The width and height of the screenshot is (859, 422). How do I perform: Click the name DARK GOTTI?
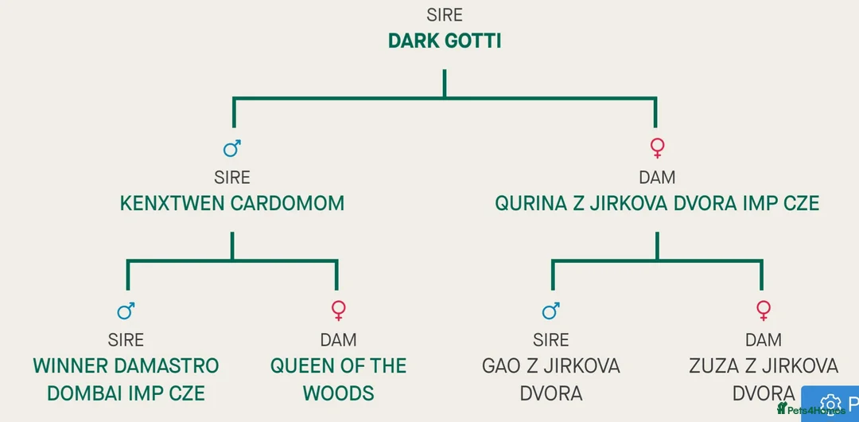[444, 41]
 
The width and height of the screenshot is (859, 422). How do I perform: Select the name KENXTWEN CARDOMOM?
[231, 203]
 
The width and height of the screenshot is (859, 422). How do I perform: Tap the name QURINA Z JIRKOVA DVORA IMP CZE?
[656, 203]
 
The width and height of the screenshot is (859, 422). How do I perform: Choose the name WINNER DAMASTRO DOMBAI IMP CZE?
[126, 379]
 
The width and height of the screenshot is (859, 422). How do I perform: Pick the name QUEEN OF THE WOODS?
[338, 379]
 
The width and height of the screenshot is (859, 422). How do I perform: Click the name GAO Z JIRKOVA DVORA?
[550, 379]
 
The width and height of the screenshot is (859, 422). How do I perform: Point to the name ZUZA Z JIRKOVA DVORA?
[763, 379]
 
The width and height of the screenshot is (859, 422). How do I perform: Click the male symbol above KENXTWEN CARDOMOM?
[231, 148]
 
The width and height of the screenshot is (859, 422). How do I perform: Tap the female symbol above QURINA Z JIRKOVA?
[657, 148]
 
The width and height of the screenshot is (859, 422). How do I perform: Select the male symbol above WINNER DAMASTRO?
[126, 311]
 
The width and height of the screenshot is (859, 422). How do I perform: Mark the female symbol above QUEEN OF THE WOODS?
[338, 311]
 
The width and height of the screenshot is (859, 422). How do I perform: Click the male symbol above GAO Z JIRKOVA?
[550, 311]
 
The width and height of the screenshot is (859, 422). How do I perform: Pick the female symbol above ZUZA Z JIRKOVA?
[764, 311]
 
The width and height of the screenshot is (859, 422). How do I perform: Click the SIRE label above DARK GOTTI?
[444, 15]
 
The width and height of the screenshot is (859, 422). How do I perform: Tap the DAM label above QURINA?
[656, 177]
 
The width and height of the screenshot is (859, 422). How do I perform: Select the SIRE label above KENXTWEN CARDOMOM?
[231, 177]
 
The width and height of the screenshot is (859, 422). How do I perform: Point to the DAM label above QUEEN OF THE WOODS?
[338, 340]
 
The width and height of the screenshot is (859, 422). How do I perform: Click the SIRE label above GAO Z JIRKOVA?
[550, 340]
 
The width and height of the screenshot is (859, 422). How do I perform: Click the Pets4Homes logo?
[810, 410]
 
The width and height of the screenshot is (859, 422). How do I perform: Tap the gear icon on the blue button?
[830, 404]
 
